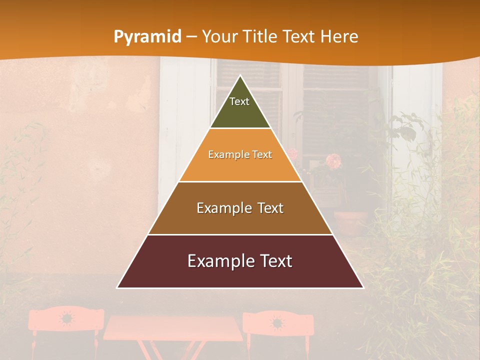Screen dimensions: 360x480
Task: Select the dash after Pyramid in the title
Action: (x=192, y=37)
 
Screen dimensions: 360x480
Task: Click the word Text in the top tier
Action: (x=239, y=101)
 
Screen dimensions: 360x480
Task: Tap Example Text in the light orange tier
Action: (x=240, y=154)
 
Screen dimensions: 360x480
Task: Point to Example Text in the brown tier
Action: (x=240, y=208)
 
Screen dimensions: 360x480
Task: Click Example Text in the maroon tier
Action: (x=240, y=261)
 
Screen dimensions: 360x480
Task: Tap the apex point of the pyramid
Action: (x=240, y=76)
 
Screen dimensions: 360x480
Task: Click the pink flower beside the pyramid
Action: (x=333, y=161)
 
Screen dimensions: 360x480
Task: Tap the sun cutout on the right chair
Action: (x=276, y=322)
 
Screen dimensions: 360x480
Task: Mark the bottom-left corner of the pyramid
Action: (x=117, y=287)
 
